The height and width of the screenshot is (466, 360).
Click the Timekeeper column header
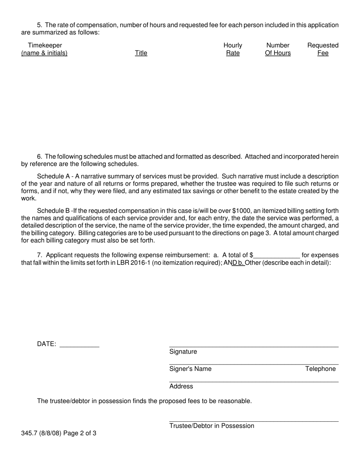(44, 49)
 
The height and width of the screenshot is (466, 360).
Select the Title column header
(141, 53)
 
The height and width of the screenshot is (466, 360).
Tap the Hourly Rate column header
(233, 49)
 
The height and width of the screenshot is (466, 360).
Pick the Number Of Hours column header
(278, 49)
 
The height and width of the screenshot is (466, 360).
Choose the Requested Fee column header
(323, 49)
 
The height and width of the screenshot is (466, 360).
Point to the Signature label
(183, 352)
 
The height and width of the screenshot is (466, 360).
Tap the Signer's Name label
(190, 369)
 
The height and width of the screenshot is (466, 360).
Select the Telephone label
(320, 369)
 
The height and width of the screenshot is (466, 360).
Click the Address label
(181, 386)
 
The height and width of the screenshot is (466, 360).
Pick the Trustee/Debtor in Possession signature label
(211, 426)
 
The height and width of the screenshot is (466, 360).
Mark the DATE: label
(47, 344)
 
